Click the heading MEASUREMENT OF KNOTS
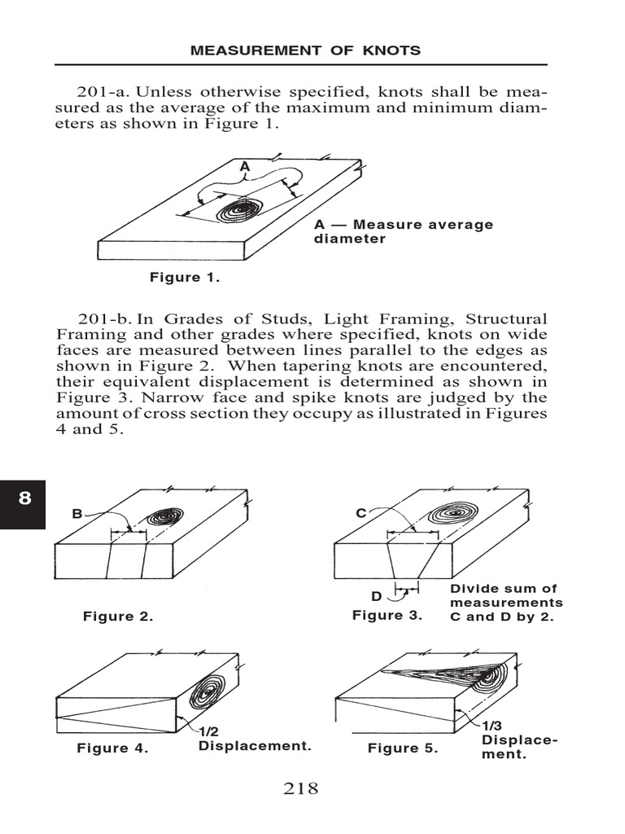[305, 50]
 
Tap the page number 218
[300, 788]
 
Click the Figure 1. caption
[185, 278]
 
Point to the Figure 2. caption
[118, 617]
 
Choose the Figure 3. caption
[387, 615]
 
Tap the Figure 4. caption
[112, 748]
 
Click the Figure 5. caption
[402, 748]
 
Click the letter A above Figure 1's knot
[243, 165]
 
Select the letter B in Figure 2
[77, 513]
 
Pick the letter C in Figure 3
[361, 513]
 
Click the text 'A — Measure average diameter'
[403, 232]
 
